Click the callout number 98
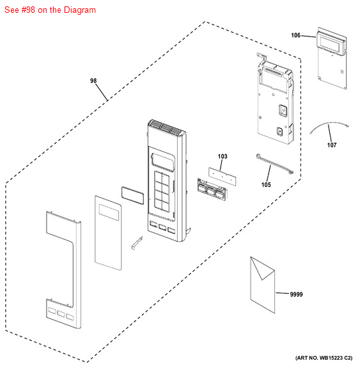tap(93, 81)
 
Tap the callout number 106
tap(295, 35)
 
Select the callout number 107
tap(332, 145)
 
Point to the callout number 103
tap(223, 156)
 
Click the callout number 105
tap(266, 185)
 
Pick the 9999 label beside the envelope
tap(296, 294)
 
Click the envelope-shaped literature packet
tap(263, 285)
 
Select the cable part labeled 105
tap(274, 164)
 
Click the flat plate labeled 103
tap(223, 176)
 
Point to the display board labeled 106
tap(332, 58)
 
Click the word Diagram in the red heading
tap(79, 10)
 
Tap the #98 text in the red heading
tap(28, 10)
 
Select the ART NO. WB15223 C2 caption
tap(324, 358)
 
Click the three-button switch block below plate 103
tap(212, 189)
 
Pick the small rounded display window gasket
tap(132, 195)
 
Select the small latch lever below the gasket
tap(137, 243)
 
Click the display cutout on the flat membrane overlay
tap(109, 212)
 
